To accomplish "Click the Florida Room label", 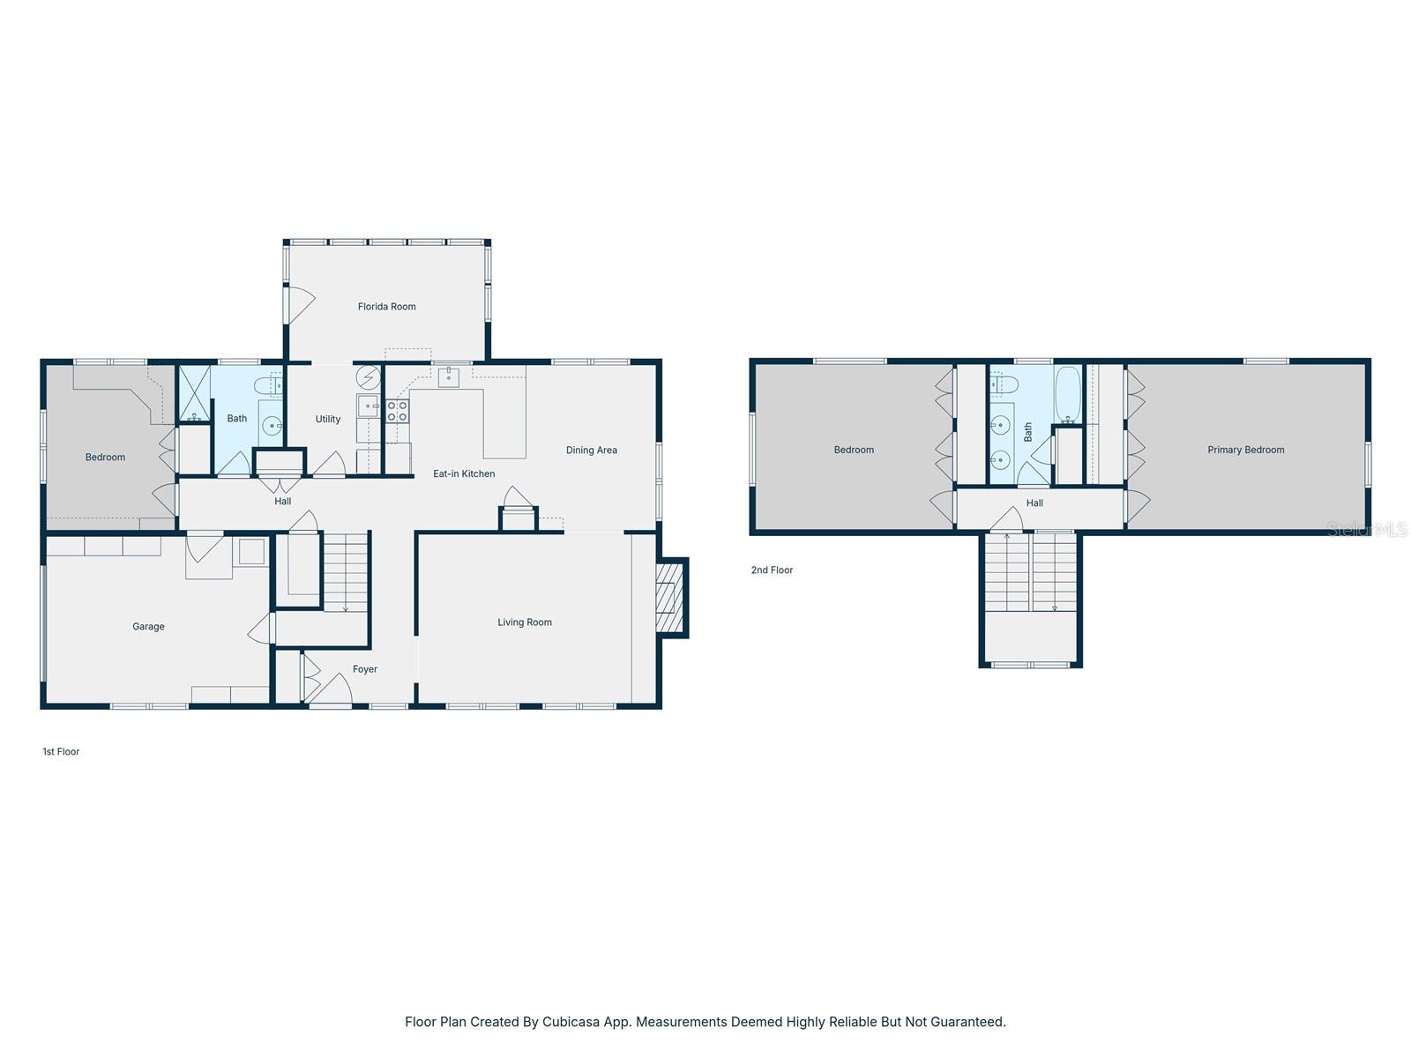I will pyautogui.click(x=386, y=307).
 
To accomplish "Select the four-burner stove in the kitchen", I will pyautogui.click(x=398, y=411).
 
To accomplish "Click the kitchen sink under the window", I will pyautogui.click(x=449, y=377).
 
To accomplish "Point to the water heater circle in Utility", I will pyautogui.click(x=367, y=377).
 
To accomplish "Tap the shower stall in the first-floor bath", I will pyautogui.click(x=195, y=393).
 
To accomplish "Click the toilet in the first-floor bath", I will pyautogui.click(x=267, y=385).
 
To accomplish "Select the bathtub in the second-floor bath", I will pyautogui.click(x=1067, y=393).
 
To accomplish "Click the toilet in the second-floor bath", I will pyautogui.click(x=1004, y=384).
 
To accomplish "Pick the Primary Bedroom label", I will pyautogui.click(x=1245, y=450).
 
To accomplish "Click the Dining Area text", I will pyautogui.click(x=591, y=451).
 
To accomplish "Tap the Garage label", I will pyautogui.click(x=148, y=627).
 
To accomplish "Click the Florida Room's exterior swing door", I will pyautogui.click(x=301, y=305).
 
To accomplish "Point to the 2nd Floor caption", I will pyautogui.click(x=772, y=570).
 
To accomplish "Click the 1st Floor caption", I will pyautogui.click(x=61, y=752).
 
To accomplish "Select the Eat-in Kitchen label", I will pyautogui.click(x=464, y=474).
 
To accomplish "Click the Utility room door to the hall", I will pyautogui.click(x=330, y=465).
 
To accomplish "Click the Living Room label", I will pyautogui.click(x=524, y=622).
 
